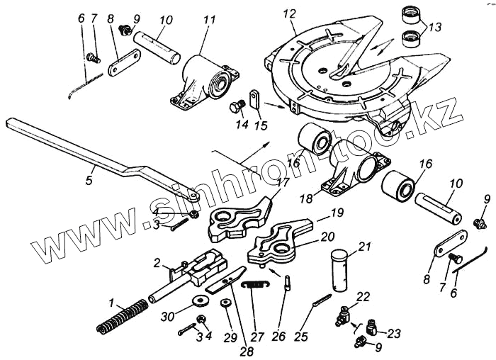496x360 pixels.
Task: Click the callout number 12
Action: tap(288, 14)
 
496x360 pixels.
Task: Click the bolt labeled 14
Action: tap(236, 108)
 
